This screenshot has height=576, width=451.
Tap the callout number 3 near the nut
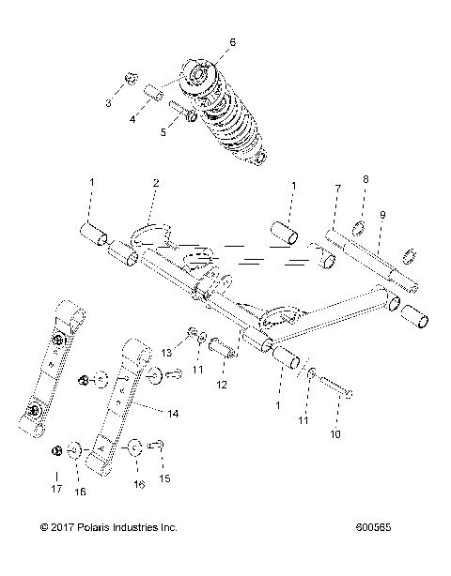point(108,103)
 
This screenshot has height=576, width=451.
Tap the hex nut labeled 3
point(132,79)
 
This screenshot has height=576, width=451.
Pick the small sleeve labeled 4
point(156,95)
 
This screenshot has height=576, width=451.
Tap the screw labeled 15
point(159,445)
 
